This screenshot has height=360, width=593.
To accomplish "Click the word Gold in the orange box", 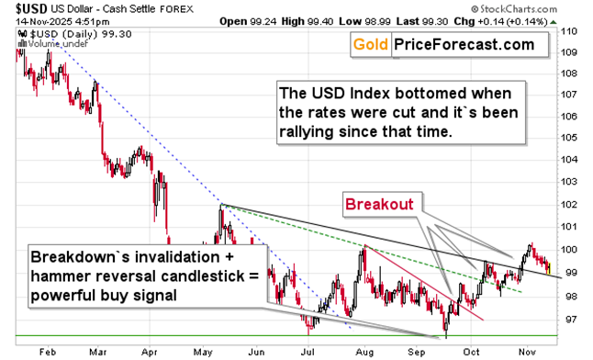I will point(371,44).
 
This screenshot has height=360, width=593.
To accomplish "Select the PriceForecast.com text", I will point(464,44).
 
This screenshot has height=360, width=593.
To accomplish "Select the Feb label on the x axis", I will point(50,352).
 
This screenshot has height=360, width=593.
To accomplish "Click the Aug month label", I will point(364,352).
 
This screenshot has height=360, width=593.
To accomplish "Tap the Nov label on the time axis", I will point(526,352).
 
